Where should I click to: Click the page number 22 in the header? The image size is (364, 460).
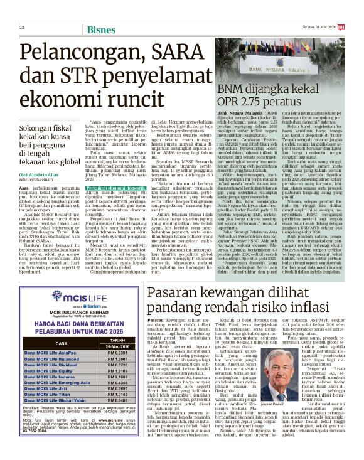point(21,27)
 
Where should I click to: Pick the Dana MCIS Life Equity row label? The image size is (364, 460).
point(50,371)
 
